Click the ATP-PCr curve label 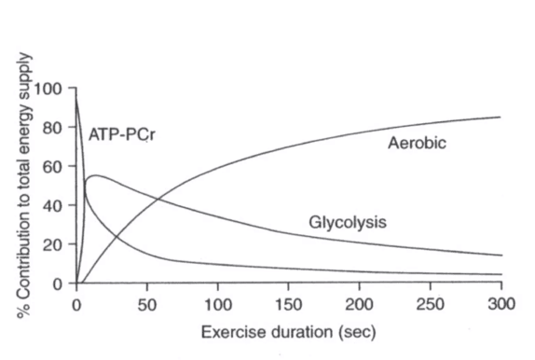pos(121,134)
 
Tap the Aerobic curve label pos(417,143)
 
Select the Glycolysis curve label pos(348,222)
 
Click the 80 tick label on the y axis pos(52,128)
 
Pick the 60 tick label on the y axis pos(52,167)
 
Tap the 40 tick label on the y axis pos(52,206)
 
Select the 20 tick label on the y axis pos(52,245)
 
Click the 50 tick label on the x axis pos(147,304)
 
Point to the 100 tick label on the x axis pos(218,304)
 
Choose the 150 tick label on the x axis pos(289,304)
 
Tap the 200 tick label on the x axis pos(359,304)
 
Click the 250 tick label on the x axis pos(431,304)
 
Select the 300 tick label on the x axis pos(501,304)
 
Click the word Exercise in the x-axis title pos(230,332)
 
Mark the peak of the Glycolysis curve pos(95,175)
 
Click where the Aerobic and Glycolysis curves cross pos(158,199)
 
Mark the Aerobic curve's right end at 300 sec pos(501,118)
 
